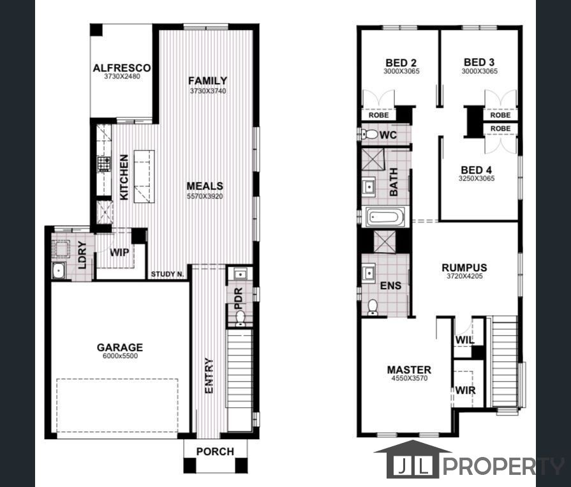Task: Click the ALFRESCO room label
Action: tap(121, 68)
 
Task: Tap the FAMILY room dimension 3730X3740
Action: tap(207, 91)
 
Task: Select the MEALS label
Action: tap(205, 186)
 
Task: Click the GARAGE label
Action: tap(120, 347)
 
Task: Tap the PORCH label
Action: tap(214, 451)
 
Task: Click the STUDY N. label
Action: tap(168, 275)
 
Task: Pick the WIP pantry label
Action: tap(119, 252)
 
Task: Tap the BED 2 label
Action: tap(401, 63)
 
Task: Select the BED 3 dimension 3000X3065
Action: tap(479, 71)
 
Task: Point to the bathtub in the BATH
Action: tap(384, 218)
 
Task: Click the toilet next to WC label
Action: tap(369, 135)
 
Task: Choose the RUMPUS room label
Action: tap(464, 268)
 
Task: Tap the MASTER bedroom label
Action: tap(409, 370)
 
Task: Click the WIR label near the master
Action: tap(465, 390)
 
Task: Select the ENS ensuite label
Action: tap(390, 285)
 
